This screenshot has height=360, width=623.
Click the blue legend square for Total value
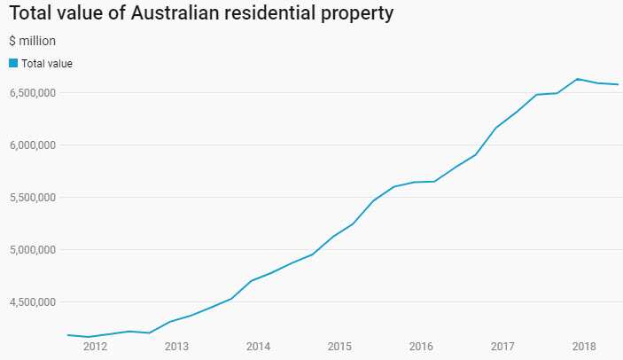tap(13, 63)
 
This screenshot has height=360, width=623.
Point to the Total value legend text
tap(47, 63)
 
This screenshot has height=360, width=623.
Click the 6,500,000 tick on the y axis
tap(34, 92)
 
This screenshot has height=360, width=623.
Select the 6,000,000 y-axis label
tap(34, 145)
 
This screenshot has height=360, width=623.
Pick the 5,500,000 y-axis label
tap(34, 197)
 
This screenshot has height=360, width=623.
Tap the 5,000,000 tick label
tap(34, 249)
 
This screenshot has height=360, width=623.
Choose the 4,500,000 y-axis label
tap(34, 301)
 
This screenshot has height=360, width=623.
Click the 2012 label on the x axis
tap(95, 346)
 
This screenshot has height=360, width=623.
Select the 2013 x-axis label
tap(176, 346)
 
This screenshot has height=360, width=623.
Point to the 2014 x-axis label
tap(258, 346)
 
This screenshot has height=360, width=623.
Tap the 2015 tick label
tap(339, 346)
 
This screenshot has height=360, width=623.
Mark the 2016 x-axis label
tap(421, 346)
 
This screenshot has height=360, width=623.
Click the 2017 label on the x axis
tap(502, 346)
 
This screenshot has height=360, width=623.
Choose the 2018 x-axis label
tap(584, 346)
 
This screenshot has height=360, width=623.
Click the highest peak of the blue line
tap(577, 79)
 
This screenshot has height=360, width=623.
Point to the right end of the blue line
tap(618, 84)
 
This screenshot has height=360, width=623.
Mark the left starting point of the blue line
tap(67, 334)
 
